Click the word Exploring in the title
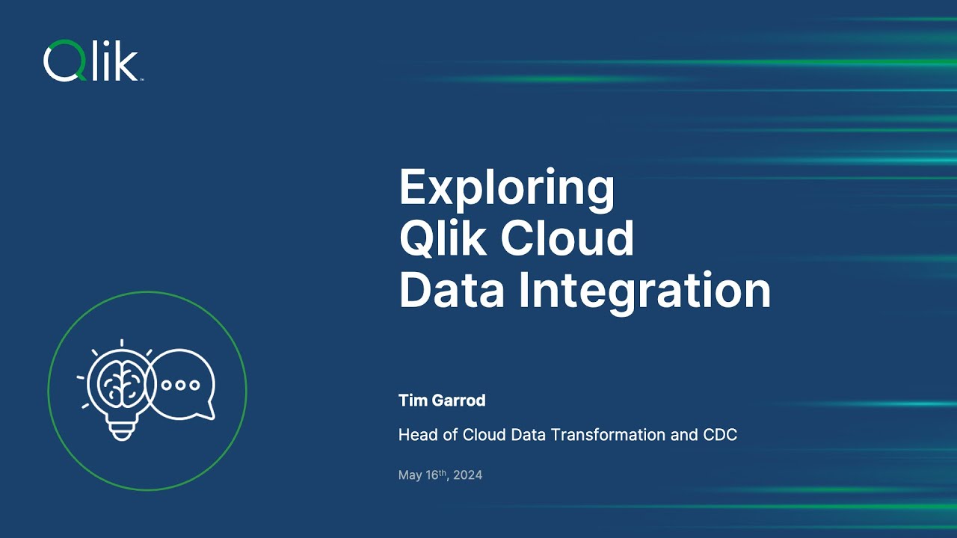tap(506, 188)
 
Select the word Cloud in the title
tap(567, 239)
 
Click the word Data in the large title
tap(452, 291)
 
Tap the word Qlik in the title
tap(442, 239)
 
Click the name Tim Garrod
tap(442, 401)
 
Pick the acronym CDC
tap(719, 435)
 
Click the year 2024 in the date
tap(468, 475)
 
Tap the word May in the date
tap(410, 475)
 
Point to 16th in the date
tap(435, 474)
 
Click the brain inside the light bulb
tap(120, 383)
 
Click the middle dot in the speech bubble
tap(181, 385)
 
